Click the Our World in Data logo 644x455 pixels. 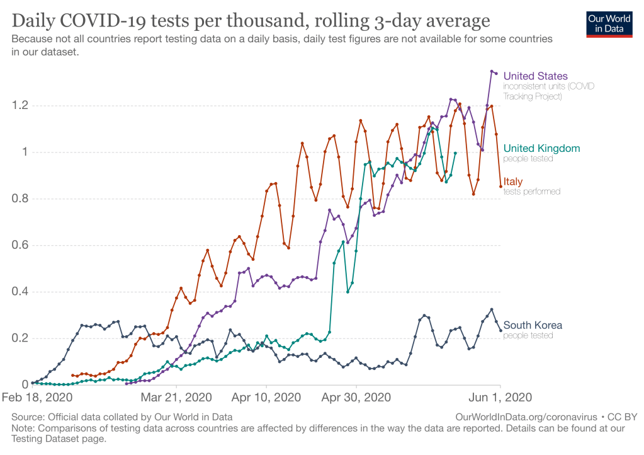click(x=609, y=23)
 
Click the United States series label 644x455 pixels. click(x=535, y=76)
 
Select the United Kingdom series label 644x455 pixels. click(x=541, y=149)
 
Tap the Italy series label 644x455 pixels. click(x=513, y=181)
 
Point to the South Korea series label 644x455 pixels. click(x=533, y=325)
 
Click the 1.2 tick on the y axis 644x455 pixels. click(x=20, y=105)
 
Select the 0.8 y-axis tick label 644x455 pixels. click(x=20, y=199)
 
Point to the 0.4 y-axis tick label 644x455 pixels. click(x=20, y=292)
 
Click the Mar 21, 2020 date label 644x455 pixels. click(x=176, y=398)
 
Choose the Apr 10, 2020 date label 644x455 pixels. click(x=267, y=398)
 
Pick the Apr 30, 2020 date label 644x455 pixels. click(x=356, y=398)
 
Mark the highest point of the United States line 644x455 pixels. click(x=492, y=71)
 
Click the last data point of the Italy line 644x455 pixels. click(x=500, y=186)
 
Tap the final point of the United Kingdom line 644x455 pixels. click(x=455, y=153)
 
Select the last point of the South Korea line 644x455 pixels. click(x=500, y=330)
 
